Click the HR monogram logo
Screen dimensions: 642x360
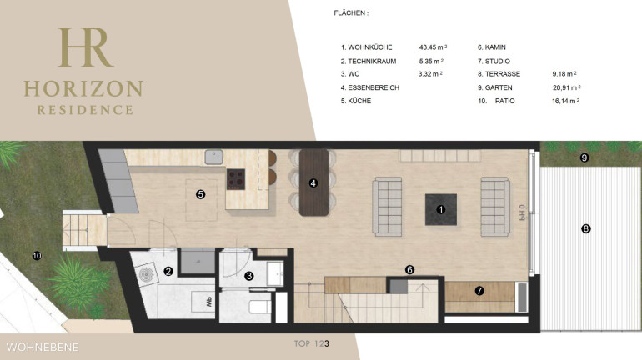[x=85, y=47]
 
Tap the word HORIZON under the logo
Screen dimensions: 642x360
[x=83, y=89]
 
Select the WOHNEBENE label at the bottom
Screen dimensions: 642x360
[x=43, y=347]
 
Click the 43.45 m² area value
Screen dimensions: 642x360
[x=433, y=47]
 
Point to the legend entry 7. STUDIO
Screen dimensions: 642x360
[x=494, y=62]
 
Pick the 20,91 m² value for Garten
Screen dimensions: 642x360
[x=567, y=87]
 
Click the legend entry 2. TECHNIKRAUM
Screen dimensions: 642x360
[x=369, y=62]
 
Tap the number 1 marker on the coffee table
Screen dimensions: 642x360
[x=440, y=209]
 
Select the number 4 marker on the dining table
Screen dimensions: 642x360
[x=313, y=182]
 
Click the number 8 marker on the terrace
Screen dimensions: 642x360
[x=586, y=228]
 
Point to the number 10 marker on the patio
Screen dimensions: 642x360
[x=37, y=256]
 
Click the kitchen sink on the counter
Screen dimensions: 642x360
[x=213, y=157]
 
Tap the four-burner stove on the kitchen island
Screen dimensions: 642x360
[x=236, y=179]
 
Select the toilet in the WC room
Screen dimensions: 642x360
[x=260, y=306]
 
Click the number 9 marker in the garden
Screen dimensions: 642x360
[x=584, y=157]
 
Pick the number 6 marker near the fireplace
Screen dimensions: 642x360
[x=409, y=270]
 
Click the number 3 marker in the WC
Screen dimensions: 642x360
[x=248, y=276]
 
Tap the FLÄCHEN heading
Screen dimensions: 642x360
[x=351, y=13]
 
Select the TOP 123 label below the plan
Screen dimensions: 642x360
[x=312, y=343]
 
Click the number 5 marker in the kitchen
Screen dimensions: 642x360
[x=200, y=194]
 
